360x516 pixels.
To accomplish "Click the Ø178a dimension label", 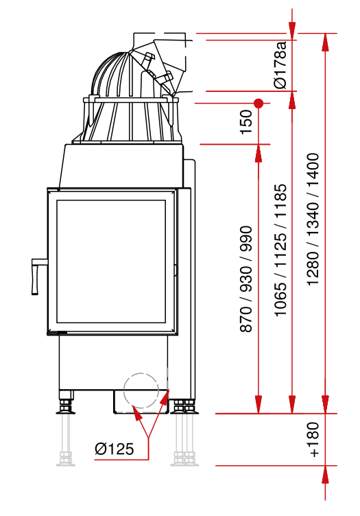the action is point(280,64).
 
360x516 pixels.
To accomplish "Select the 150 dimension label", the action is point(246,122).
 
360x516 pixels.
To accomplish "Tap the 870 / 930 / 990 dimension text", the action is point(246,279).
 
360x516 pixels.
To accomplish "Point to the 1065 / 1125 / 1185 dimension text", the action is point(280,250).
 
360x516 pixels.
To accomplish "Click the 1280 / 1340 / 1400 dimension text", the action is point(313,219).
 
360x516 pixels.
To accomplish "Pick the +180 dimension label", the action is point(314,440).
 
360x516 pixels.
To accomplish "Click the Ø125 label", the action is point(115,449).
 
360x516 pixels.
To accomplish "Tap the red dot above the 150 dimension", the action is point(259,104).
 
